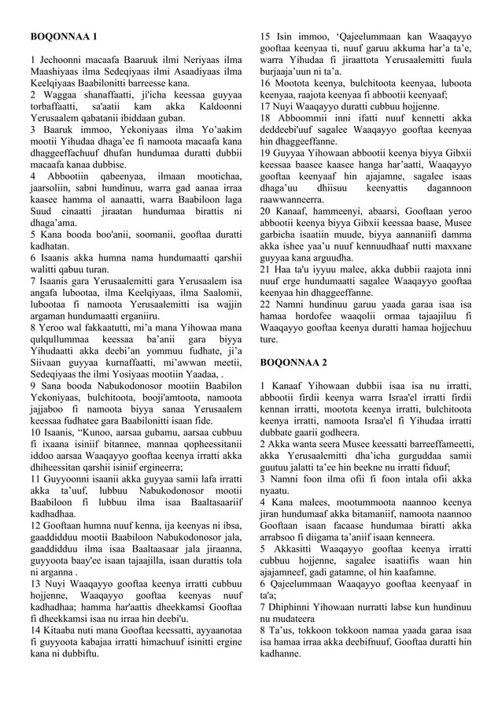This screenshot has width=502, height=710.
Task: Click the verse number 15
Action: (265, 37)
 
